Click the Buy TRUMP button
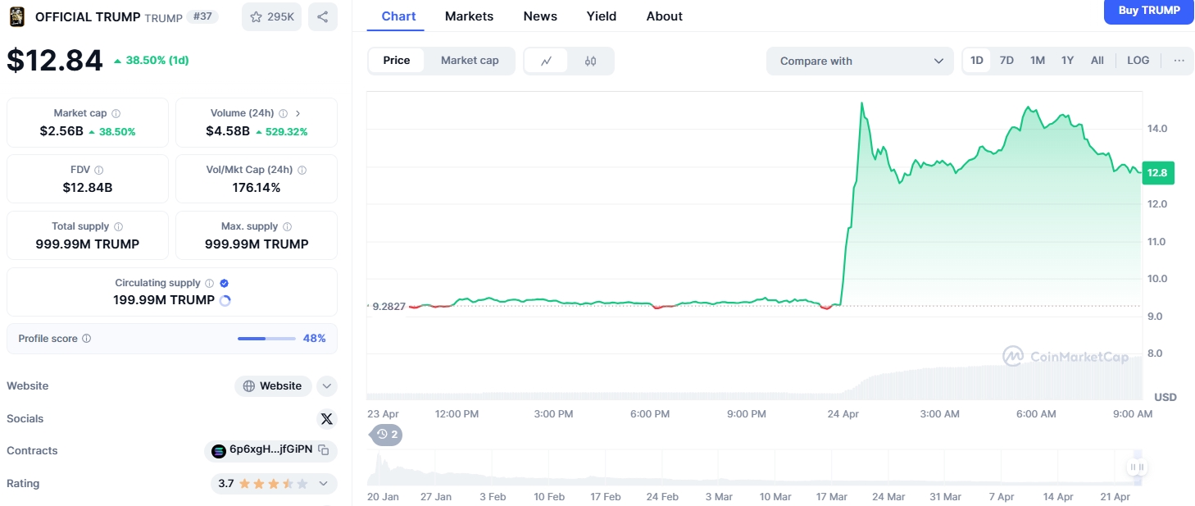(1148, 11)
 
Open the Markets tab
(469, 16)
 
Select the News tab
(540, 16)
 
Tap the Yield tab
(602, 16)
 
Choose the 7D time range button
(1006, 61)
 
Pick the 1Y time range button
(1067, 61)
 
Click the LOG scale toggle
(1138, 61)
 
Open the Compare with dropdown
(860, 61)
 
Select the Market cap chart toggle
(470, 61)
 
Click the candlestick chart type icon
(590, 61)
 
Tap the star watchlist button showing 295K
(271, 16)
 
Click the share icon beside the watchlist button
(323, 16)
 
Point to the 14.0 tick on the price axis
(1156, 128)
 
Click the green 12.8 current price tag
(1157, 172)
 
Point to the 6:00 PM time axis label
(649, 413)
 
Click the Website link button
(273, 386)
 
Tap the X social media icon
(326, 418)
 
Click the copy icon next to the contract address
(323, 449)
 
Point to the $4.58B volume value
(228, 131)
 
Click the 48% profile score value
(314, 338)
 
